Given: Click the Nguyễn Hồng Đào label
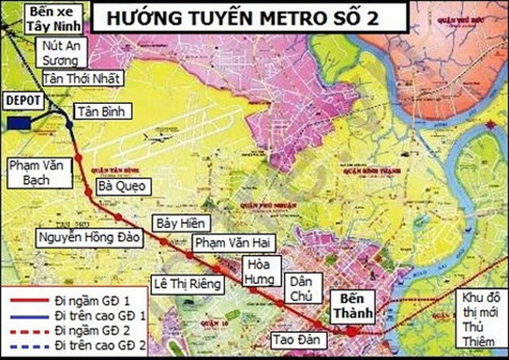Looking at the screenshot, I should coord(88,238).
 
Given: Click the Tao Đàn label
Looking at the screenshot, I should coord(292,338).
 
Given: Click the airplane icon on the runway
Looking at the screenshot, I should coord(158,138).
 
